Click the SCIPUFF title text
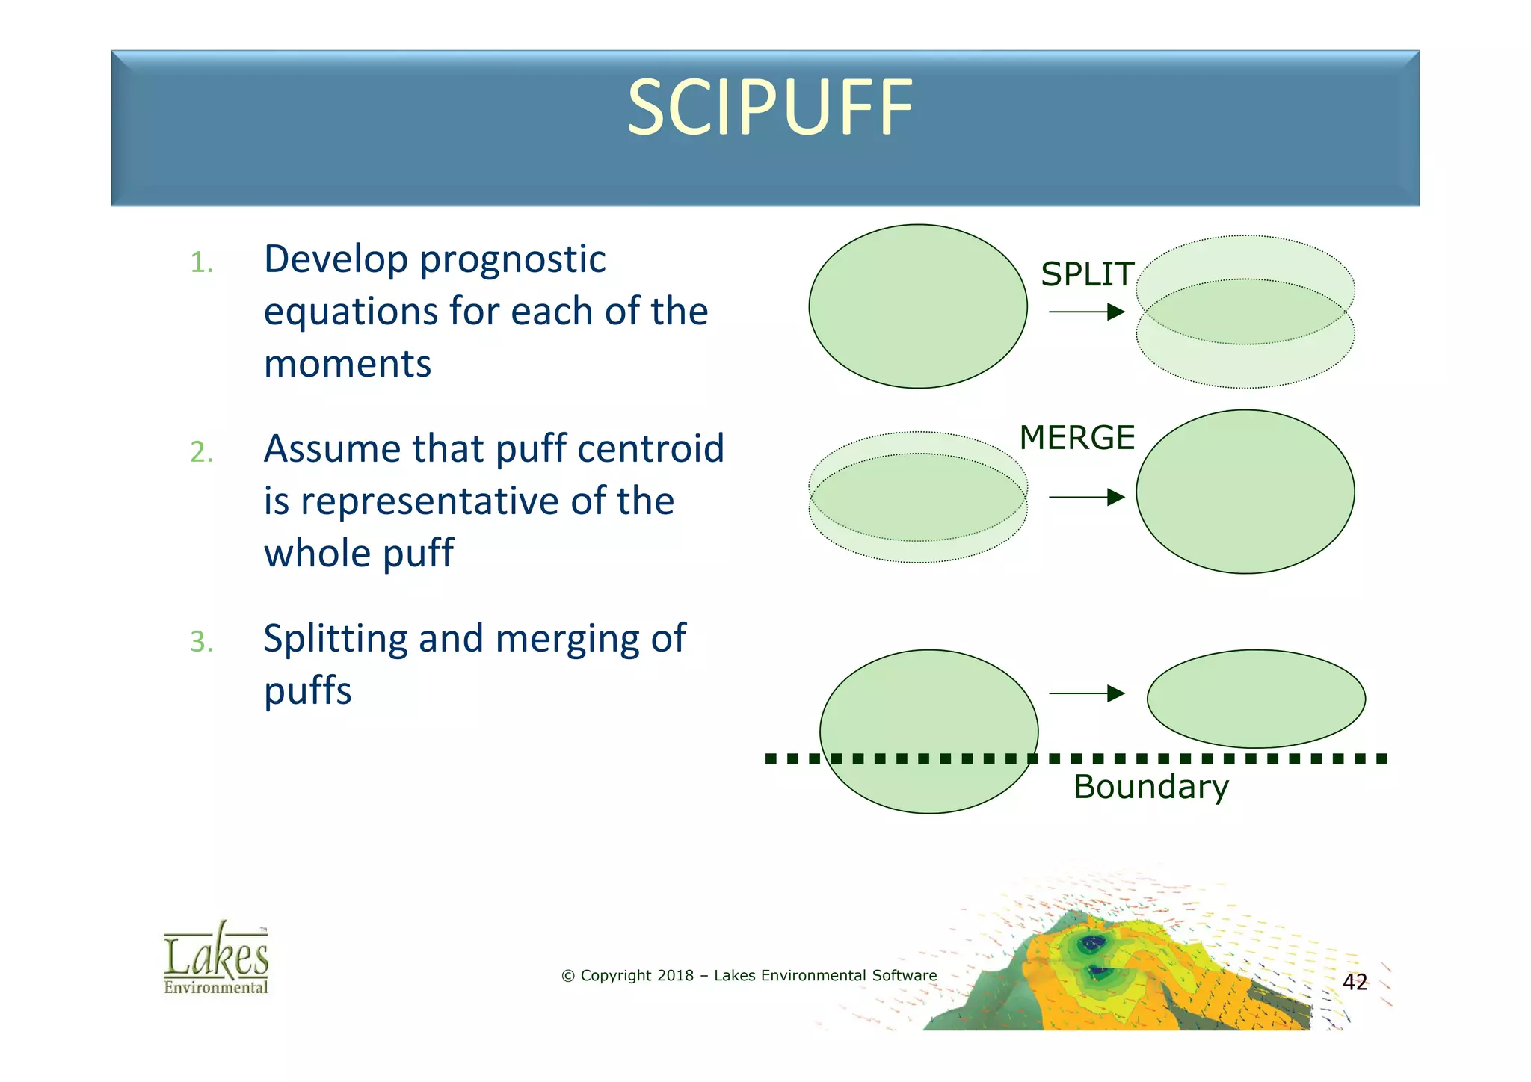[769, 109]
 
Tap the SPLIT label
[1087, 274]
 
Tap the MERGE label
[1076, 438]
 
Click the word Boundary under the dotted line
[1150, 788]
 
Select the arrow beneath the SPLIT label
[1086, 312]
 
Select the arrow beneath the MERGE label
[1086, 497]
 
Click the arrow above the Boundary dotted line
[1086, 693]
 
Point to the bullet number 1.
[201, 263]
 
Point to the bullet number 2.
[201, 453]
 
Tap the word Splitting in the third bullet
[335, 640]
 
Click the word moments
[347, 365]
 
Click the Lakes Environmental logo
[216, 959]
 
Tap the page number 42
[1355, 982]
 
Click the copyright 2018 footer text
[748, 975]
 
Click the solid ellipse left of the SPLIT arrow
[917, 306]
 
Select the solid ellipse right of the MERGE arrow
[1245, 492]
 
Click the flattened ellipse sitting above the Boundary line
[1256, 699]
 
